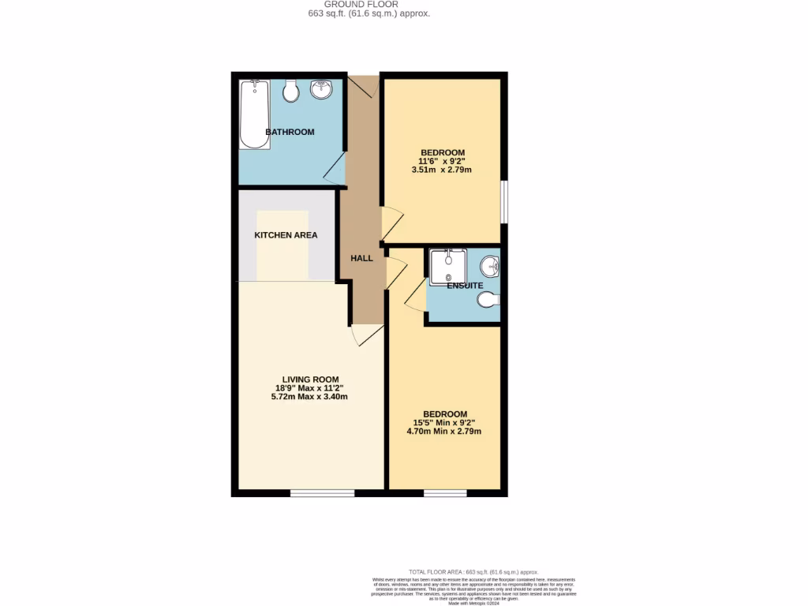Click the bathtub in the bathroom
pos(255,114)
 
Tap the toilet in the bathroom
pos(290,91)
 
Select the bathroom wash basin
pos(322,90)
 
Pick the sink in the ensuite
pos(490,267)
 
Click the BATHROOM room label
pos(290,132)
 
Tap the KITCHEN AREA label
pos(286,235)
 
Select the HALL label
pos(361,258)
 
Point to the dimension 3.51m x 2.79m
pos(442,170)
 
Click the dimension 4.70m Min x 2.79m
pos(444,432)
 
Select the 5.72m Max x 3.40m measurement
pos(309,397)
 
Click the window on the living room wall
pos(311,494)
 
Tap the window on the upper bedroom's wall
pos(503,203)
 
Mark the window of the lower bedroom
pos(445,494)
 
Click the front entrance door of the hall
pos(363,86)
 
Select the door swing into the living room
pos(365,335)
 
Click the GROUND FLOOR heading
pos(367,4)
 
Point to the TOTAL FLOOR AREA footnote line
pos(473,571)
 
